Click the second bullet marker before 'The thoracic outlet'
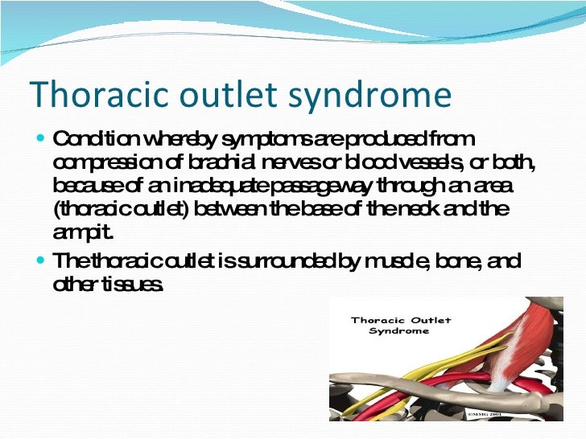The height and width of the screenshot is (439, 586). [41, 262]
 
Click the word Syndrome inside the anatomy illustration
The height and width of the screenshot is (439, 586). [400, 331]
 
